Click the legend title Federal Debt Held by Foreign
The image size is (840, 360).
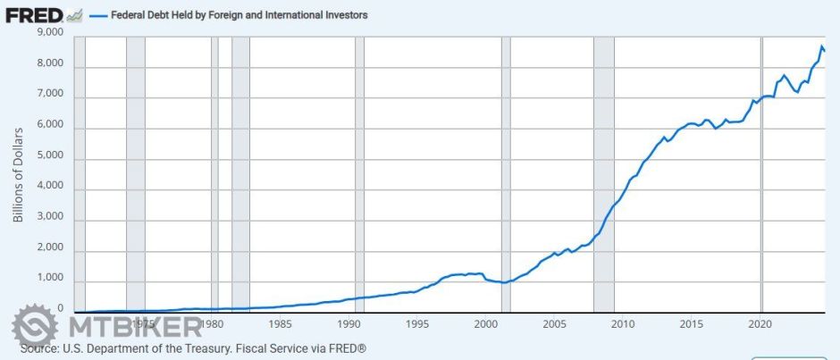coord(239,15)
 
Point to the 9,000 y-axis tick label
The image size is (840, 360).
coord(47,33)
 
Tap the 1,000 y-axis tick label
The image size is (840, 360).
coord(47,279)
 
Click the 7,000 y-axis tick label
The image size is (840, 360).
coord(47,95)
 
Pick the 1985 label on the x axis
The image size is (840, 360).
coord(280,323)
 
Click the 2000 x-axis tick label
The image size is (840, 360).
coord(485,323)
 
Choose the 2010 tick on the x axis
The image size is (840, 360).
coord(623,323)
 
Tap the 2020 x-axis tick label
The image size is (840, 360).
coord(760,323)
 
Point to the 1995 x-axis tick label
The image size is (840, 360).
coord(417,323)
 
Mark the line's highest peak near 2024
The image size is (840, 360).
coord(821,46)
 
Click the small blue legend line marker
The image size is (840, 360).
coord(98,15)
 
